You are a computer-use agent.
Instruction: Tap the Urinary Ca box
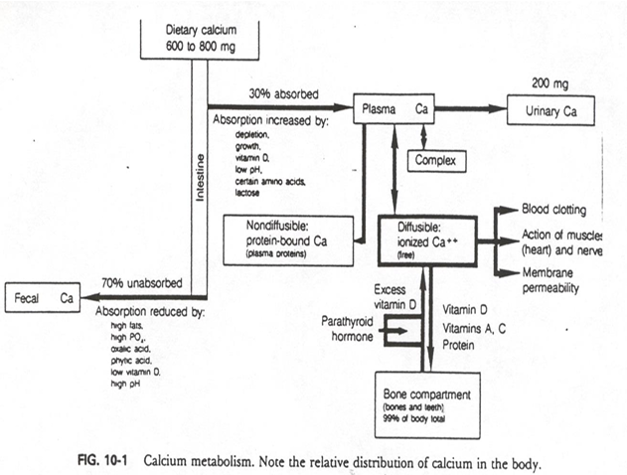[x=549, y=110]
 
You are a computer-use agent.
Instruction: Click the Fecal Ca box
[x=42, y=296]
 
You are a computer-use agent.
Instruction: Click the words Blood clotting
[x=555, y=210]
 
